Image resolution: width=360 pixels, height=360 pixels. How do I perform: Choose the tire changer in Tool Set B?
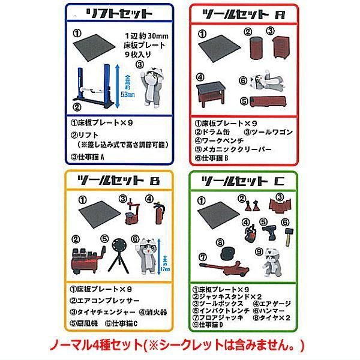point(128,211)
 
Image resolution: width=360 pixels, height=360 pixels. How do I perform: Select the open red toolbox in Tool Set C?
point(277,206)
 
